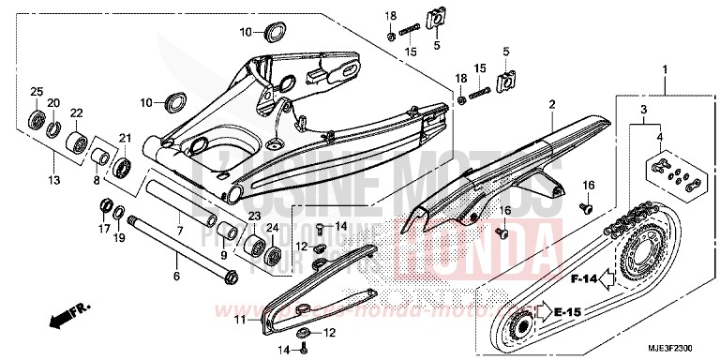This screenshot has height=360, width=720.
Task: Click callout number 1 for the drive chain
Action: (x=666, y=69)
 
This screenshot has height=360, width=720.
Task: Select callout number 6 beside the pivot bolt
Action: (x=175, y=276)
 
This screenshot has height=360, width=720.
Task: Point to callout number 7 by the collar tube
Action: (x=179, y=230)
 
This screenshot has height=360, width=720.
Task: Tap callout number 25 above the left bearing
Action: (x=37, y=90)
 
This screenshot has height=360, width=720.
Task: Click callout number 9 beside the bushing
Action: (x=224, y=254)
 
